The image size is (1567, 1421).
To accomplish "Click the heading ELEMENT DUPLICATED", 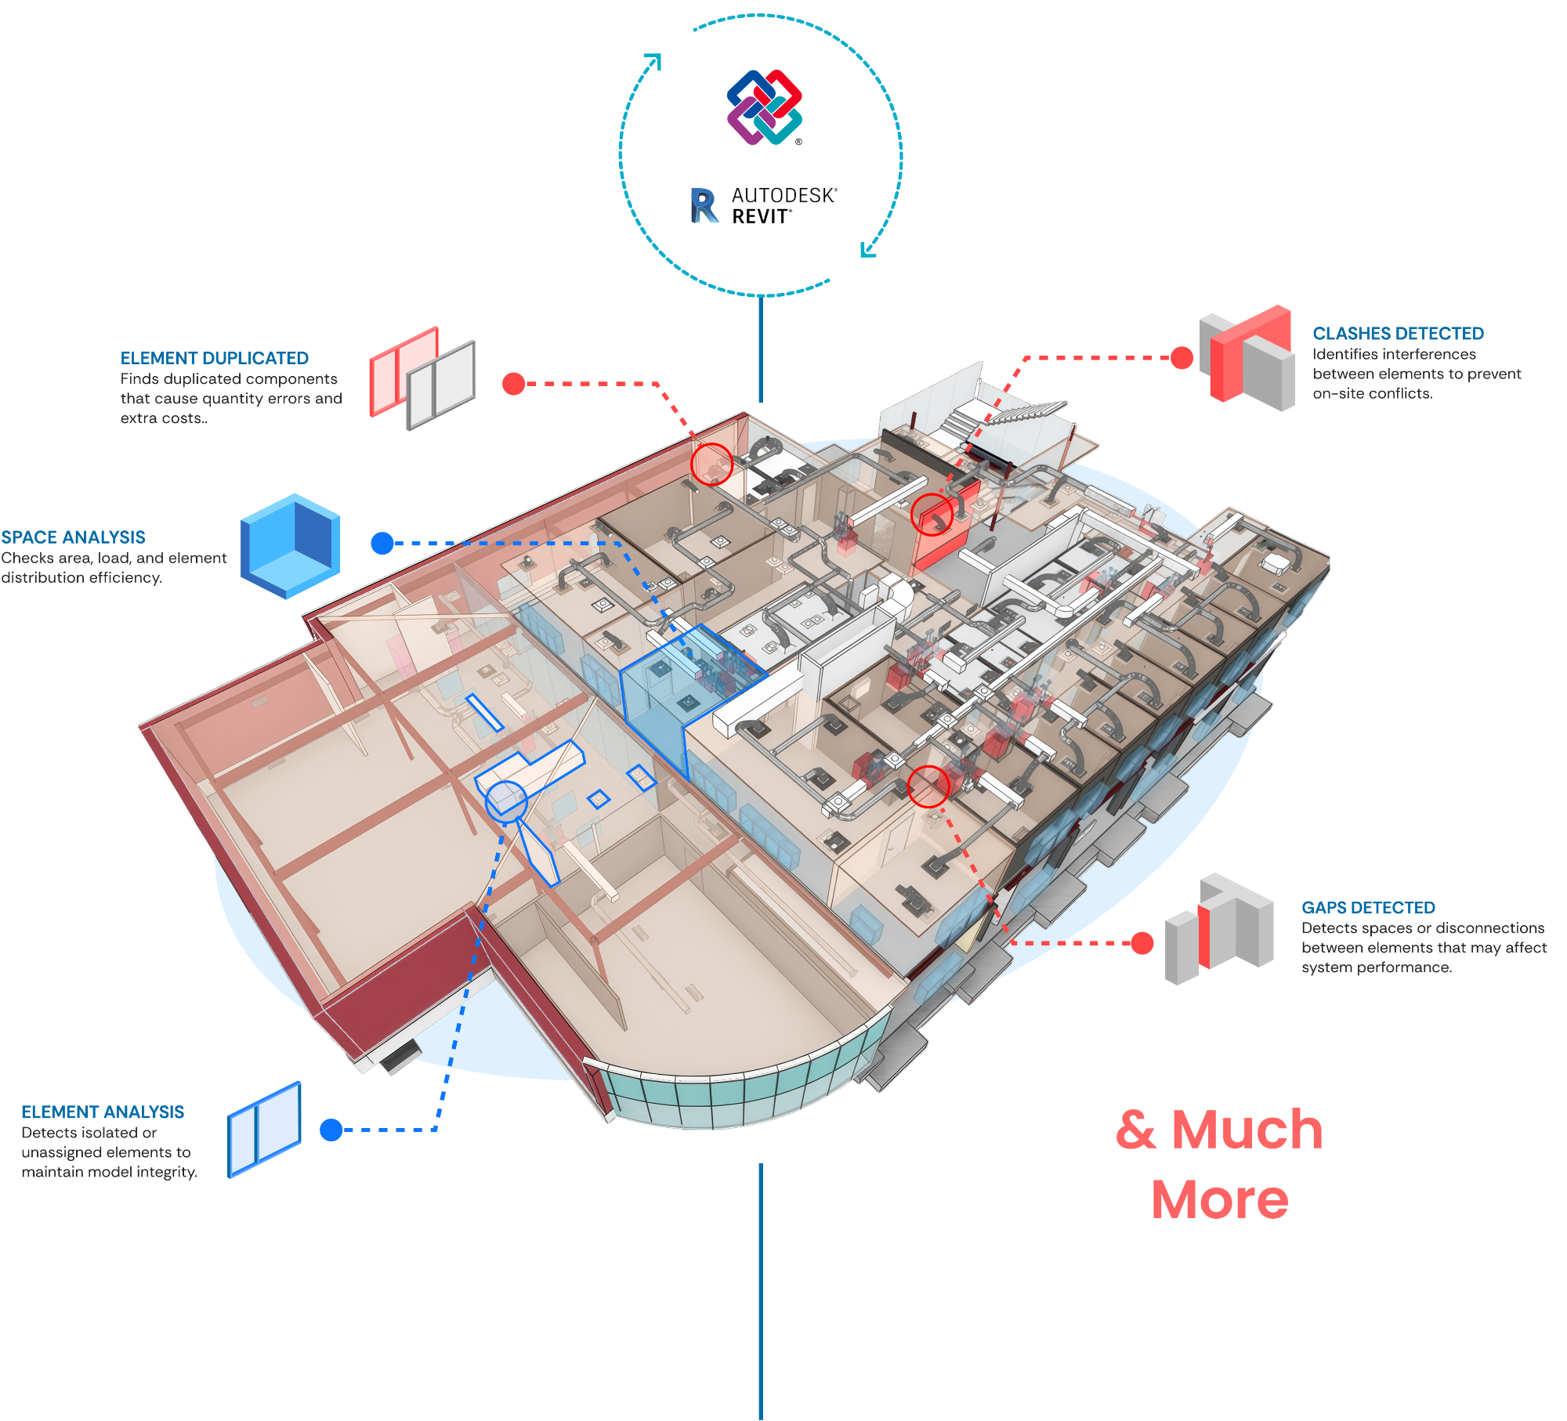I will [x=214, y=358].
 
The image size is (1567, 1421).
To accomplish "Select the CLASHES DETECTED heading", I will [x=1398, y=334].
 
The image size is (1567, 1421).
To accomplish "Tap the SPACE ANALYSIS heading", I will [x=73, y=537].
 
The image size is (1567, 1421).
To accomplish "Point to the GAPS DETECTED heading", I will [x=1368, y=908].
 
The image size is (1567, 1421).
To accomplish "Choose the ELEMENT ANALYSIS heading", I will [x=103, y=1112].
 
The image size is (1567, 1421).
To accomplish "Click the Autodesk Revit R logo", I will [x=704, y=205].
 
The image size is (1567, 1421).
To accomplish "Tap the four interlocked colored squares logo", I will [x=764, y=107].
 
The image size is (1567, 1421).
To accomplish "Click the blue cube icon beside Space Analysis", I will [x=291, y=546].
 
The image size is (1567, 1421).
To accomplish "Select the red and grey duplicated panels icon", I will [x=422, y=378].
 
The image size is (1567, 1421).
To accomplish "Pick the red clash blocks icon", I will [x=1247, y=358].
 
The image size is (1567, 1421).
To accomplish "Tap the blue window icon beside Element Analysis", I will [x=265, y=1130].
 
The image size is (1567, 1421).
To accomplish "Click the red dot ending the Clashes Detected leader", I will [x=1182, y=358].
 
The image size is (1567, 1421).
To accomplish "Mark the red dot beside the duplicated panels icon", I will [x=513, y=384].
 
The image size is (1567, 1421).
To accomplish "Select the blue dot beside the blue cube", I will [x=382, y=543].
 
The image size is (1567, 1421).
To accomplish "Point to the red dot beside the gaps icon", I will [x=1142, y=943].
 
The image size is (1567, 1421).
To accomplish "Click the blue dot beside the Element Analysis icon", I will [x=331, y=1130].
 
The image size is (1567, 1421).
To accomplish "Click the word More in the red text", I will [x=1219, y=1200].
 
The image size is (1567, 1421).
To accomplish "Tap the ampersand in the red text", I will [x=1136, y=1130].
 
